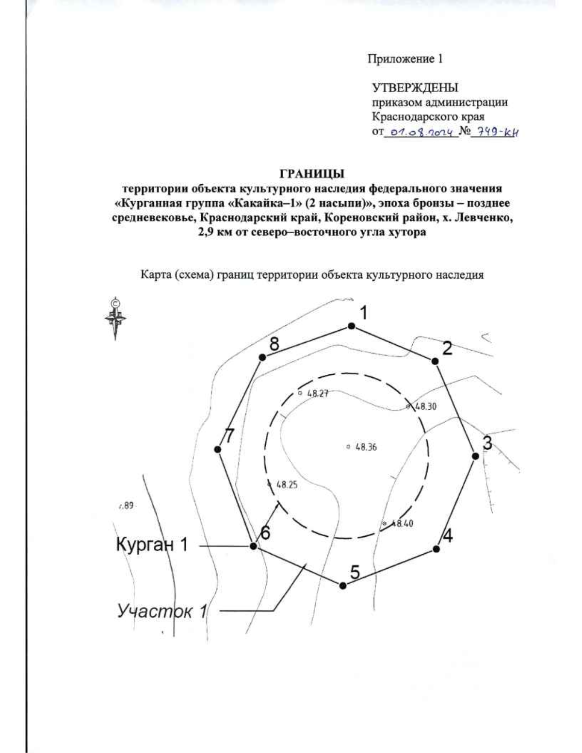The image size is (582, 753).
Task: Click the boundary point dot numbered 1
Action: pyautogui.click(x=352, y=327)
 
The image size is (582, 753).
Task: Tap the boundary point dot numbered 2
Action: pyautogui.click(x=435, y=361)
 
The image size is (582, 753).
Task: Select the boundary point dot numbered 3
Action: pyautogui.click(x=476, y=456)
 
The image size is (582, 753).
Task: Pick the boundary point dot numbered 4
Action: pyautogui.click(x=436, y=548)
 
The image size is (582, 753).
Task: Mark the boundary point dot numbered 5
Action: pyautogui.click(x=343, y=586)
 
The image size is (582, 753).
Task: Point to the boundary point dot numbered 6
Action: pyautogui.click(x=253, y=546)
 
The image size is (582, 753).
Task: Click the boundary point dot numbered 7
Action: pyautogui.click(x=218, y=449)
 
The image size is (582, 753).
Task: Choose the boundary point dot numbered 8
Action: pyautogui.click(x=262, y=357)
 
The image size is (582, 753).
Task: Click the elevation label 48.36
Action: pyautogui.click(x=366, y=447)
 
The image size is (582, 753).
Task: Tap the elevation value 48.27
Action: pyautogui.click(x=318, y=394)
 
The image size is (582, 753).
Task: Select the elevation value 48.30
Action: pyautogui.click(x=425, y=407)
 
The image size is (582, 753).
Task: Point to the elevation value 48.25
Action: pyautogui.click(x=286, y=484)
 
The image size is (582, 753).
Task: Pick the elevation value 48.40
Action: pyautogui.click(x=402, y=523)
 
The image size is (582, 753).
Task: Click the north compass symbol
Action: pyautogui.click(x=115, y=318)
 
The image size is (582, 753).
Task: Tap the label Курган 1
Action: pyautogui.click(x=151, y=545)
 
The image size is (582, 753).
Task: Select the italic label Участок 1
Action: pyautogui.click(x=162, y=611)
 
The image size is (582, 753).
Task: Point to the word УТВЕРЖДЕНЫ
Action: pyautogui.click(x=415, y=88)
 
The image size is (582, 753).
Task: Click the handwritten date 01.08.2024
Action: pyautogui.click(x=420, y=131)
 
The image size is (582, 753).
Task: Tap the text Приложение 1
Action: pyautogui.click(x=404, y=59)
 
